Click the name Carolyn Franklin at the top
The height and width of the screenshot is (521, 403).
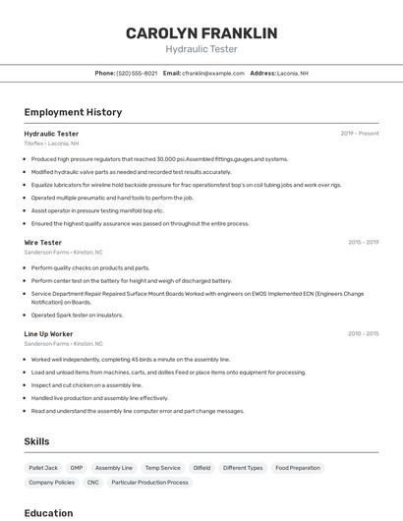point(201,33)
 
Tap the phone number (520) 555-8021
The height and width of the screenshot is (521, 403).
point(137,73)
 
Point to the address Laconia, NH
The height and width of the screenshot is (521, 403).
point(292,73)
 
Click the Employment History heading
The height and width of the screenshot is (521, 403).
point(73,112)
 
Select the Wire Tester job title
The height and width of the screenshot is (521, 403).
point(43,242)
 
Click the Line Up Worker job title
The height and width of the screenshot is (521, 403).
point(48,334)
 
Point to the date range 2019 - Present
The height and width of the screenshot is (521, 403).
point(360,134)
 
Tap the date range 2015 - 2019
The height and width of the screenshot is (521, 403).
point(363,242)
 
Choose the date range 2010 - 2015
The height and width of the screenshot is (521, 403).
point(363,334)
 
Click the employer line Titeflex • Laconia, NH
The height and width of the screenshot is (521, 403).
point(51,144)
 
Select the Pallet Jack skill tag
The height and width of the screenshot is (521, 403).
point(43,468)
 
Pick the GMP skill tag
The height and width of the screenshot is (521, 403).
point(77,468)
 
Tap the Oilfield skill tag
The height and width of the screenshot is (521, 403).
point(201,468)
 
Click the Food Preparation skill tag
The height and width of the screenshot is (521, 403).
point(298,468)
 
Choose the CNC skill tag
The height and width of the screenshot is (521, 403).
point(92,483)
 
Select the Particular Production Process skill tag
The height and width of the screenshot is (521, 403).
point(149,483)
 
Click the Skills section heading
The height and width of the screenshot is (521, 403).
point(36,441)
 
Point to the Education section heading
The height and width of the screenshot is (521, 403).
point(48,513)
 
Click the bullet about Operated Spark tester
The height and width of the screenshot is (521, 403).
point(77,316)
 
